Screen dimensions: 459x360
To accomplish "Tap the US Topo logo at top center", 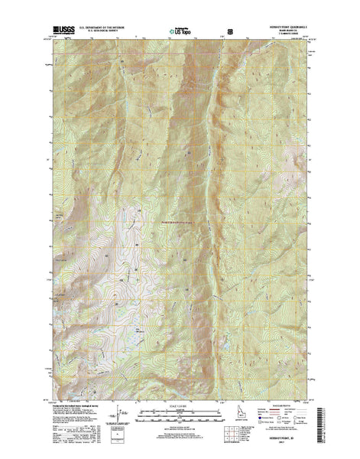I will click(181, 33).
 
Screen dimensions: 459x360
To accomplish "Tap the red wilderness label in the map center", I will click(180, 223).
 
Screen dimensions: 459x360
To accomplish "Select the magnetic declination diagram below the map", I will click(120, 418).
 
